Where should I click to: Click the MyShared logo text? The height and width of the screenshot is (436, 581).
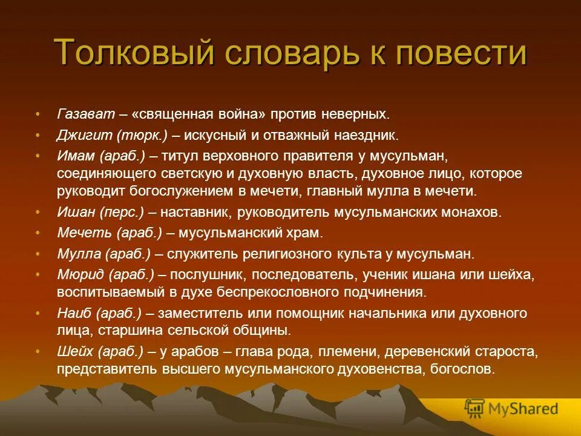pos(524,408)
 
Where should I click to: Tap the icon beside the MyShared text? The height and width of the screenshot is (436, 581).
pos(474,408)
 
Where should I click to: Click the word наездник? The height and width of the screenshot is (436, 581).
pos(368,135)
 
